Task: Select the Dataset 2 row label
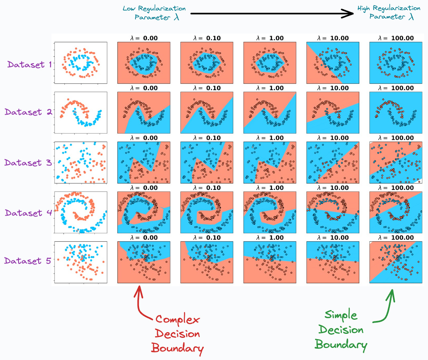[28, 112]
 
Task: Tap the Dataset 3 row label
[28, 163]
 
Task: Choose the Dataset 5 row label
[28, 261]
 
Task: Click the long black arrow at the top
[272, 13]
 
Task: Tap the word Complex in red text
[178, 320]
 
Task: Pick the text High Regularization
[389, 8]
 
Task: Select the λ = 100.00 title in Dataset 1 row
[395, 38]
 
